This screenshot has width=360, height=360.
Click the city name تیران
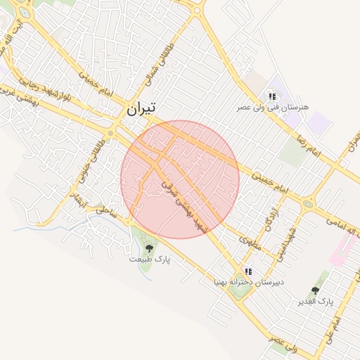point(141,109)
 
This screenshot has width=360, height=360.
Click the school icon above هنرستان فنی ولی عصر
point(271,96)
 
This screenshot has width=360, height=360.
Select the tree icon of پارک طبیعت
point(148,247)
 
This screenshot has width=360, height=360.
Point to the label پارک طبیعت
point(149,259)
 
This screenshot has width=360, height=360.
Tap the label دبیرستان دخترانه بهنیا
point(249,282)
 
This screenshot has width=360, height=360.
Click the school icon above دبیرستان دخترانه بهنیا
point(247,271)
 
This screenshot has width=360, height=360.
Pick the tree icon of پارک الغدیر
point(316,290)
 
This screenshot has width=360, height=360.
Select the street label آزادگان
point(272,220)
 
